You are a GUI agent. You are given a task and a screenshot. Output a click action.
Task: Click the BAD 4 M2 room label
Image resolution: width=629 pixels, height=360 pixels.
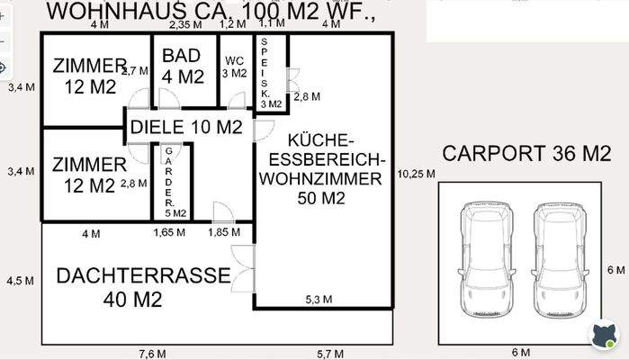tap(183, 66)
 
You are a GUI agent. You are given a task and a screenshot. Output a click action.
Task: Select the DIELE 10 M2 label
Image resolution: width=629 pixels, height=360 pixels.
tap(186, 127)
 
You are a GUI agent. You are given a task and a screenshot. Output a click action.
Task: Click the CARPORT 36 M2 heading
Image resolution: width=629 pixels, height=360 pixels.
tap(526, 154)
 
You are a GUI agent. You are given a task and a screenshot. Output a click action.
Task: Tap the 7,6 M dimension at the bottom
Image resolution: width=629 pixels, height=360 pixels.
tap(147, 352)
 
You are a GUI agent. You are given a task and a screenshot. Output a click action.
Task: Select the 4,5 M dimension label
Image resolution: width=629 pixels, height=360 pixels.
tap(20, 280)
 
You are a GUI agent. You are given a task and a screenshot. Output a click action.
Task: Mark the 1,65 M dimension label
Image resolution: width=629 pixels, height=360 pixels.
tap(169, 233)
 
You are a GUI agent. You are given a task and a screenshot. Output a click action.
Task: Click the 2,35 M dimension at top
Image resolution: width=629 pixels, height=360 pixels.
tap(184, 24)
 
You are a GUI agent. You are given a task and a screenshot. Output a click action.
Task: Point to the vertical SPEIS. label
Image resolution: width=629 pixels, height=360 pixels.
tap(265, 72)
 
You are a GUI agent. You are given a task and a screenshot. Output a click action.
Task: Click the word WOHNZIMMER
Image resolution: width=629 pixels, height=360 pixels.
tap(321, 179)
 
